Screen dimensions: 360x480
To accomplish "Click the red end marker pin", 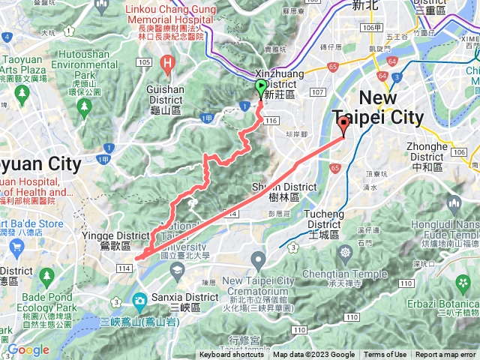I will (343, 125).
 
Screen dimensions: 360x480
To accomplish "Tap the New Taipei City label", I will (391, 107).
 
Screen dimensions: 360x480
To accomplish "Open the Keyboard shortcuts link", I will (232, 355).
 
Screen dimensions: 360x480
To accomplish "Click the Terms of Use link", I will (385, 355).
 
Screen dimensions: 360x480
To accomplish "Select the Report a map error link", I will (445, 355).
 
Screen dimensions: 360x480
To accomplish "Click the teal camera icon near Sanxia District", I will (139, 301).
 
